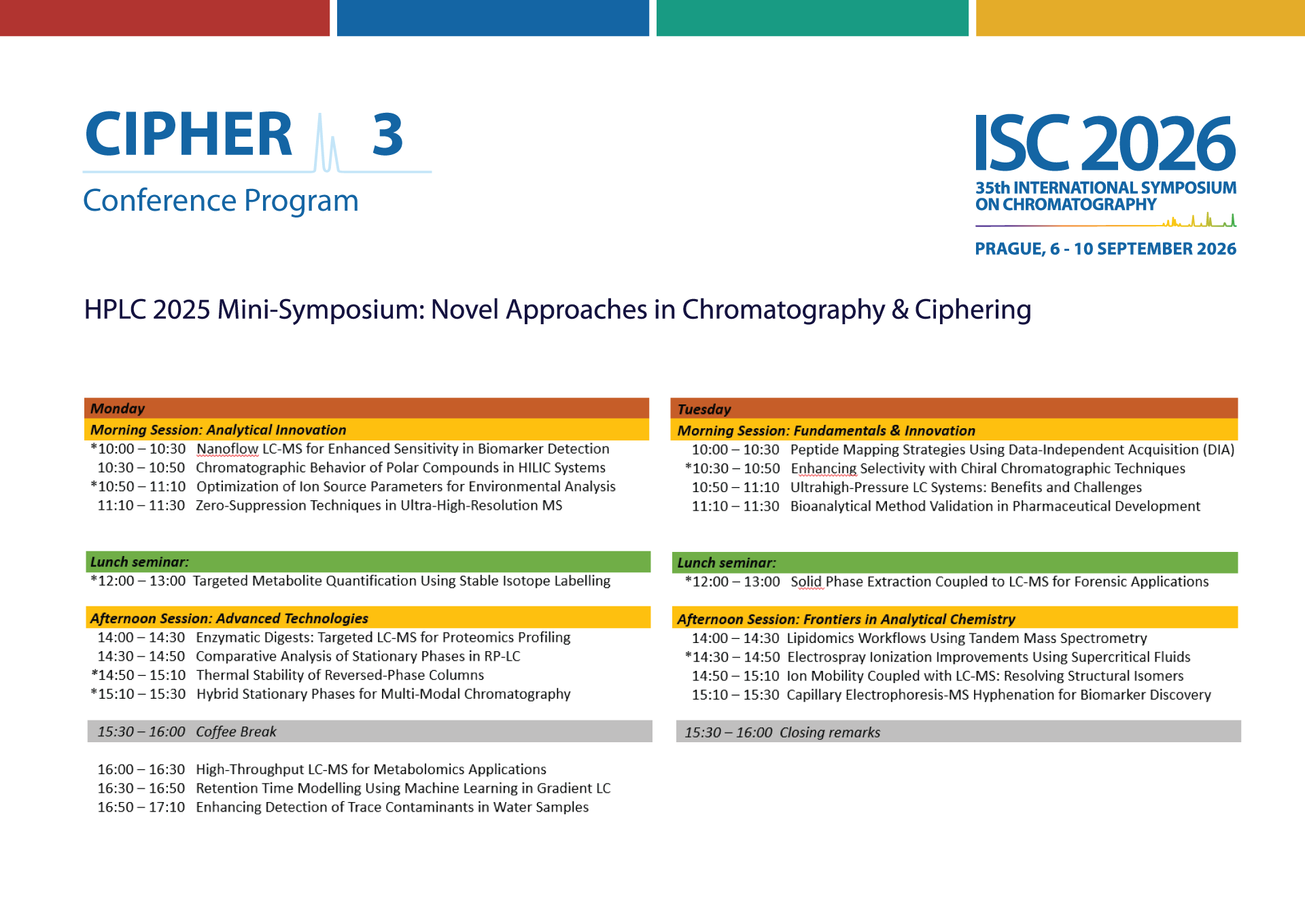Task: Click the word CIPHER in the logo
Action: click(188, 134)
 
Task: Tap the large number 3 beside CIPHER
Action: click(387, 134)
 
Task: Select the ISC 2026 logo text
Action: click(1105, 143)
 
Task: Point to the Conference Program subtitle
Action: click(221, 201)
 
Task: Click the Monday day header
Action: click(118, 409)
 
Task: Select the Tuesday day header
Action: click(704, 409)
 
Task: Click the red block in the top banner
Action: click(164, 18)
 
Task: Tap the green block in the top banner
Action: click(812, 18)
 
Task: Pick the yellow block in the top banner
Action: click(1141, 18)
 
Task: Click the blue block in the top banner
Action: click(493, 18)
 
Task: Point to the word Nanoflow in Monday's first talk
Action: click(228, 449)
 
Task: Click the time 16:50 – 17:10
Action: click(141, 807)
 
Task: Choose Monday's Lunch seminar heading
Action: click(139, 562)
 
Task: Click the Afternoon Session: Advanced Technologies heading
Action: click(229, 618)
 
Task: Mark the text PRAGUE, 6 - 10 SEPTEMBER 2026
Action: click(1105, 249)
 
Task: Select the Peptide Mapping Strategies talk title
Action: click(1012, 449)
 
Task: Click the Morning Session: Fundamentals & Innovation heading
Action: click(826, 430)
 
